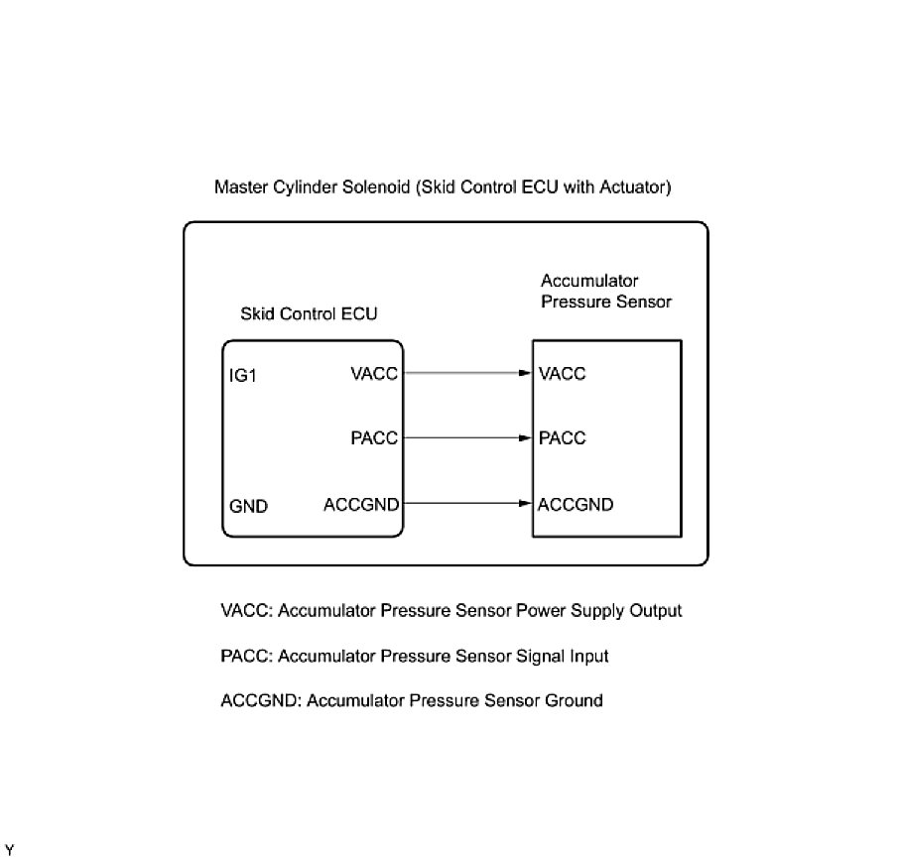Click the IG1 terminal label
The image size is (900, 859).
[243, 376]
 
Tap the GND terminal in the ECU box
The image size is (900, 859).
[248, 506]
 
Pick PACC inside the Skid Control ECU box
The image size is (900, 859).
[373, 437]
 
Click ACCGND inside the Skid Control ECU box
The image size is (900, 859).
[361, 504]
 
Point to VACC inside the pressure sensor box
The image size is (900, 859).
[562, 374]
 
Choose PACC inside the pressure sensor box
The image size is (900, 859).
[562, 437]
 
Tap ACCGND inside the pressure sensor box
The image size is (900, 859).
[576, 504]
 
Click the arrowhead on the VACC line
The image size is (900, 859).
[526, 374]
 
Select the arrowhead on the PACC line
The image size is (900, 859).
[526, 437]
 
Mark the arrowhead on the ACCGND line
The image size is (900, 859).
[526, 504]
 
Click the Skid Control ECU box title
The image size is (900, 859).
[309, 313]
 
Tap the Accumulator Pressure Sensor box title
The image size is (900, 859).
[605, 292]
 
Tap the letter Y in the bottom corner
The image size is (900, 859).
[8, 849]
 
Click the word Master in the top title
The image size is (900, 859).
[241, 186]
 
